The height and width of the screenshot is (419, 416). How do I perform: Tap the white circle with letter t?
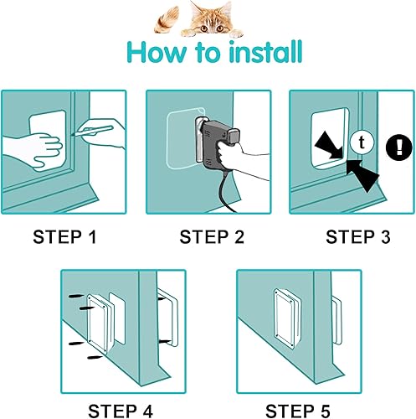point(361,142)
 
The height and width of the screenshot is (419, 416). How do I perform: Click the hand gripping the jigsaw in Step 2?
point(245,159)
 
